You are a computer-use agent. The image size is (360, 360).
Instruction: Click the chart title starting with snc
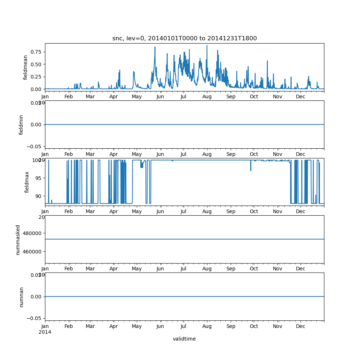(184, 39)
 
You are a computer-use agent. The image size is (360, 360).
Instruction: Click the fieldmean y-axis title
(25, 67)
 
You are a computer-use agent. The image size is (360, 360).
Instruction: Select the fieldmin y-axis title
(21, 125)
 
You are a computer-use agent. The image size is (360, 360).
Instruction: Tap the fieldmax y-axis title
(27, 182)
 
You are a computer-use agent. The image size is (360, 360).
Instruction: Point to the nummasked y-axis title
(18, 240)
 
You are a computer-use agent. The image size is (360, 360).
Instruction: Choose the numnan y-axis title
(21, 297)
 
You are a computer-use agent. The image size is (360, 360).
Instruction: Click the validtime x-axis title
(184, 339)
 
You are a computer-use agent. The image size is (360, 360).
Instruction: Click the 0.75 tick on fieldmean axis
(36, 52)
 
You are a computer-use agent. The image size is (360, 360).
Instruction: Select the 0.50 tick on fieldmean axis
(36, 64)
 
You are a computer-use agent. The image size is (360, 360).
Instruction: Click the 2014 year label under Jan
(45, 332)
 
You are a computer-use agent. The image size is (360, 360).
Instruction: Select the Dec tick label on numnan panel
(301, 327)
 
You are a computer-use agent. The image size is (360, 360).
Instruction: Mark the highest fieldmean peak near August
(207, 46)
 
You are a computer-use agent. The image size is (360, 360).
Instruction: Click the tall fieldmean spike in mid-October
(267, 61)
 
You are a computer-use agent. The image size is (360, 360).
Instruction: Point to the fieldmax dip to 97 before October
(251, 170)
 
